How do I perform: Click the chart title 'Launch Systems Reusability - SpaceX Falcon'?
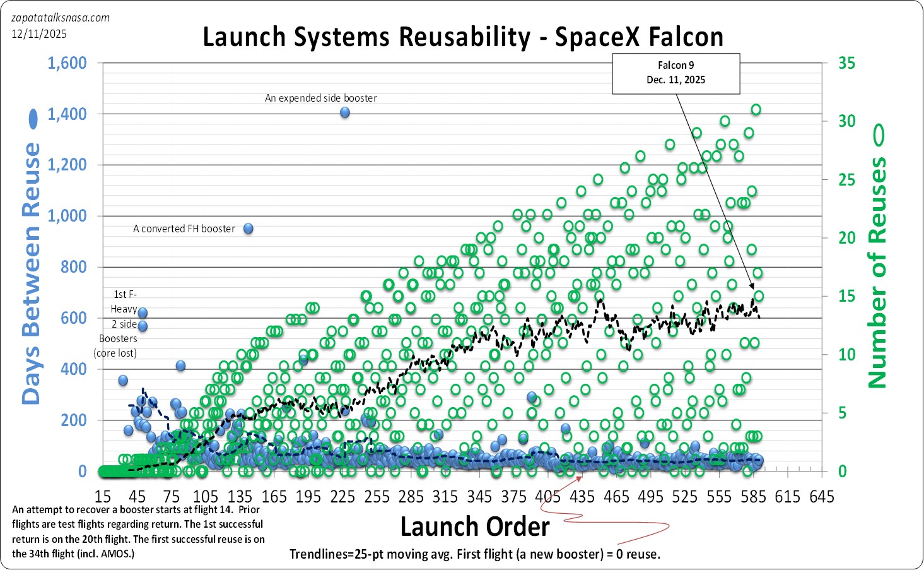coord(462,37)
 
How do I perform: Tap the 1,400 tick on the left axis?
coord(67,114)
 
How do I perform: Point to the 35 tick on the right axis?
coord(846,63)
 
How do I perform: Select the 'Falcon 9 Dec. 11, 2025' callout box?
coord(675,73)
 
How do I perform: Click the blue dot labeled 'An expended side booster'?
coord(345,112)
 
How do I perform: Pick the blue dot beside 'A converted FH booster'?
coord(249,229)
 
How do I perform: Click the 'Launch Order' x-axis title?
coord(475,526)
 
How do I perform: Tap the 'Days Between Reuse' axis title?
coord(31,273)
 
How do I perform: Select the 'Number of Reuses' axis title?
coord(878,272)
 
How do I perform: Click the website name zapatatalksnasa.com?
coord(61,18)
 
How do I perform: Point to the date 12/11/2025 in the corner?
coord(39,34)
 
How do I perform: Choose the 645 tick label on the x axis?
coord(822,497)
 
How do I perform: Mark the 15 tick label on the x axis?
coord(103,497)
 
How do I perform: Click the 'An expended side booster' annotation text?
coord(320,98)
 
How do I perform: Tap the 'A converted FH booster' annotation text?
coord(184,229)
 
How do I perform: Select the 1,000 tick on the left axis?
coord(67,216)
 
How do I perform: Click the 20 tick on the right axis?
coord(846,238)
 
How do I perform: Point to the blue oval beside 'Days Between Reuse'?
coord(33,119)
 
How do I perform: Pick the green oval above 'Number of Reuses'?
coord(878,134)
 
